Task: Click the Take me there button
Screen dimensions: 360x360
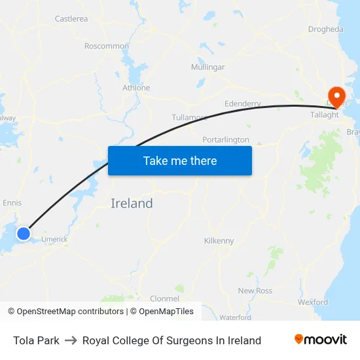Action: (180, 160)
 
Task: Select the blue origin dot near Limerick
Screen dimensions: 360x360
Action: (24, 233)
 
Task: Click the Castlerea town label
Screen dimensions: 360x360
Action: (71, 19)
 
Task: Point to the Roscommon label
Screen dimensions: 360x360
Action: (107, 46)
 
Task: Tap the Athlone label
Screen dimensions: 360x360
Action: (136, 88)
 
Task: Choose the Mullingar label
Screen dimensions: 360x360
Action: (207, 67)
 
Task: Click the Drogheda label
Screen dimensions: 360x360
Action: (325, 29)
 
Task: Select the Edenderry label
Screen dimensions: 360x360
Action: (242, 104)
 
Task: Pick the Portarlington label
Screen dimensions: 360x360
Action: (226, 140)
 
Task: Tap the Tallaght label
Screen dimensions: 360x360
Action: (325, 115)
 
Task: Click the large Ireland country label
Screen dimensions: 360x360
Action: (132, 204)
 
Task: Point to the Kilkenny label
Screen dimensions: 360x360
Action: (219, 241)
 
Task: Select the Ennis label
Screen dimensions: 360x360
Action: (12, 203)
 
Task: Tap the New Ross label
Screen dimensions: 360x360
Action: (255, 291)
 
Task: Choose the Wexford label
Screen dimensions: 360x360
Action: (313, 302)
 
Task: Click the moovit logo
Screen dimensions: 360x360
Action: (321, 340)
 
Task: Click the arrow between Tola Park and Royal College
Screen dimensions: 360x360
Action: (71, 340)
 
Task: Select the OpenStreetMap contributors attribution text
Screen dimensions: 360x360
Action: (65, 312)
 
